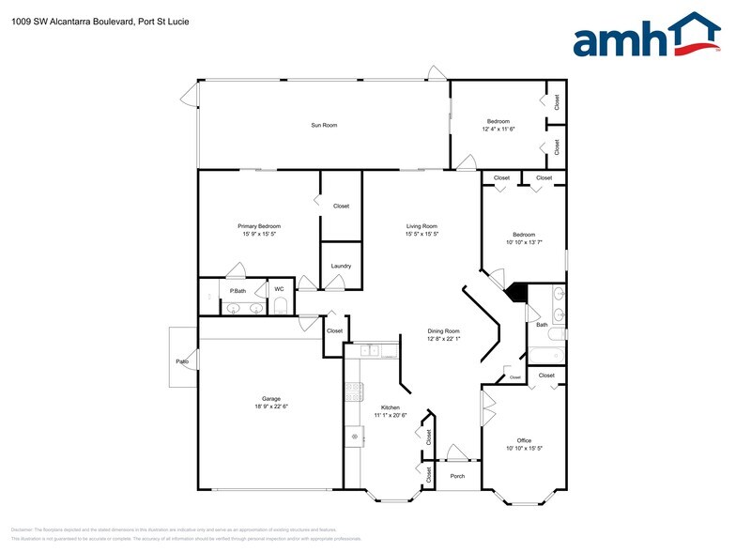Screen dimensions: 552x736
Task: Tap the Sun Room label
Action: tap(324, 125)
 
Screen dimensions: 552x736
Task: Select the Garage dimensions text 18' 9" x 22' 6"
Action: tap(271, 406)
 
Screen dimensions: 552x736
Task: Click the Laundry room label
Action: tap(341, 266)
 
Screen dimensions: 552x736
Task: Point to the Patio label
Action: tap(182, 360)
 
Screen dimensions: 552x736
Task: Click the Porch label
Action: tap(457, 476)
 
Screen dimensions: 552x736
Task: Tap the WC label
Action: tap(279, 288)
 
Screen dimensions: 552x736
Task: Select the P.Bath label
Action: tap(238, 291)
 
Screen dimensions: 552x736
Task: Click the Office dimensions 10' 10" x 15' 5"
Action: tap(524, 449)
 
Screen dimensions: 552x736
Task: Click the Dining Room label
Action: tap(443, 330)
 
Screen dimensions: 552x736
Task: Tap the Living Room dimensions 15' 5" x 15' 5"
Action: tap(422, 234)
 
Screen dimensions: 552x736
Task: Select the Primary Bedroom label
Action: tap(259, 225)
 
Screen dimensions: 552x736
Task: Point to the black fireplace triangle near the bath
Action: tap(515, 292)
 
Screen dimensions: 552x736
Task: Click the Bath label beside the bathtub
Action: tap(542, 325)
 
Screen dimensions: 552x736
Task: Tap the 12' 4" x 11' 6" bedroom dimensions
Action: tap(498, 129)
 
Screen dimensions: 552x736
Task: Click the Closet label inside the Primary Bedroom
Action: tap(341, 206)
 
